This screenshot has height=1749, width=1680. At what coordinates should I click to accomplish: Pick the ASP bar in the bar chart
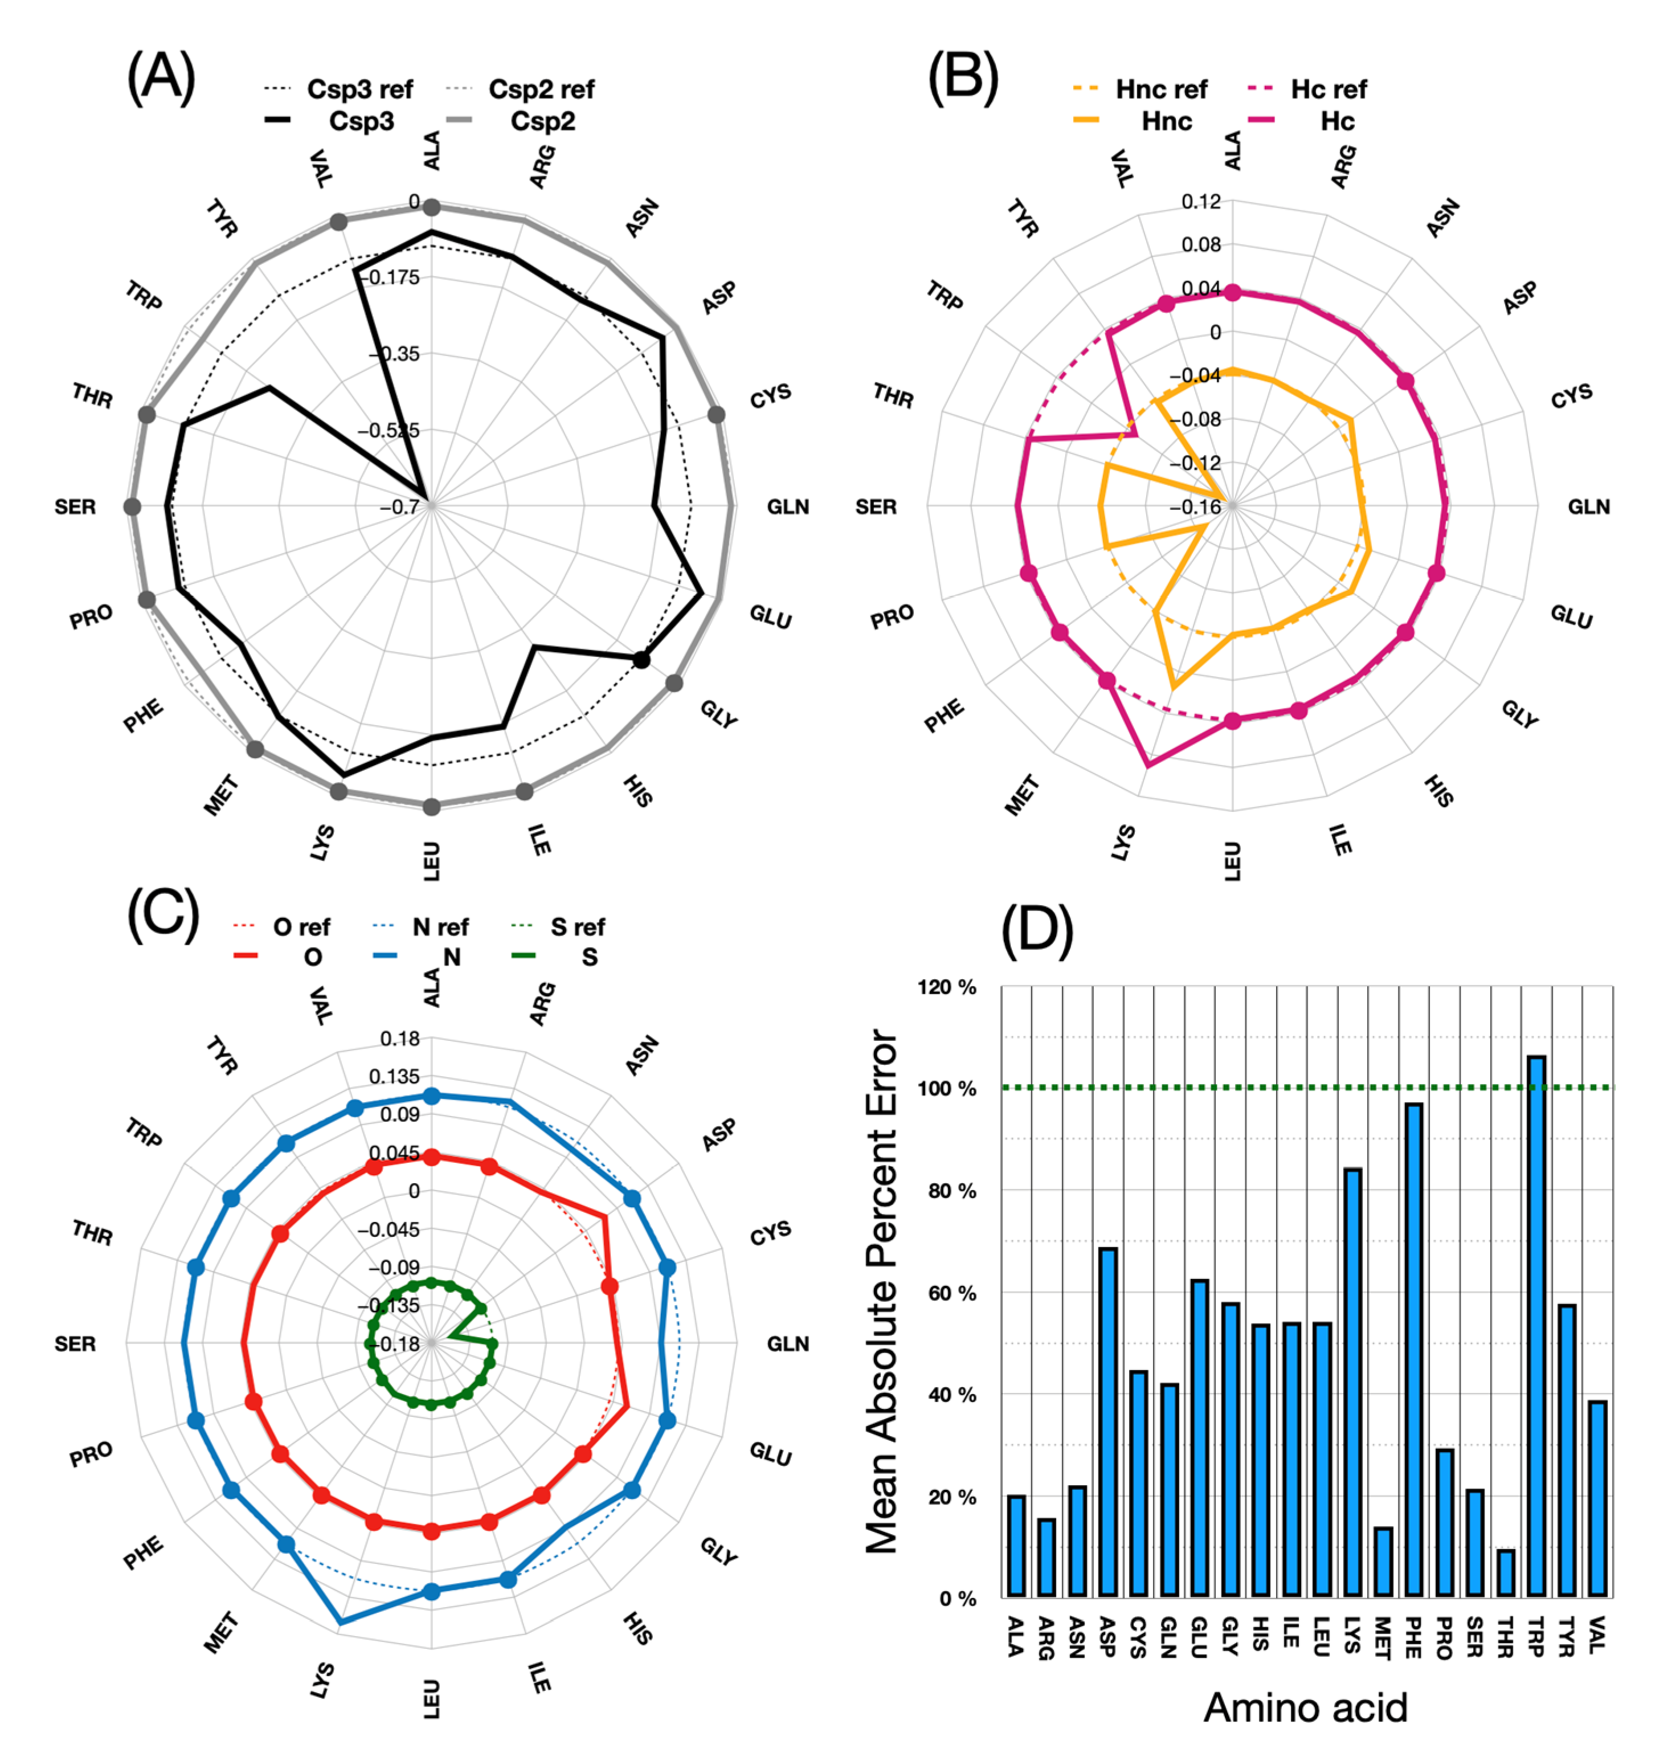tap(1108, 1421)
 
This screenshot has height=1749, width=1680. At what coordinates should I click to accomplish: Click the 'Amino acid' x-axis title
tap(1305, 1707)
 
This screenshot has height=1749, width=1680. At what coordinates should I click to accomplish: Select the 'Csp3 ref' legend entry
tap(339, 89)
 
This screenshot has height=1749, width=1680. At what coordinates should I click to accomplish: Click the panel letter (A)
tap(161, 77)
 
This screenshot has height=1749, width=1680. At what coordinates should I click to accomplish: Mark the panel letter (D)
tap(1037, 931)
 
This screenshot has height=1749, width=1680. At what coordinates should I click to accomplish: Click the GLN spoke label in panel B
tap(1589, 507)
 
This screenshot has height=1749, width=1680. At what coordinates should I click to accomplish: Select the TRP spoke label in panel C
tap(144, 1133)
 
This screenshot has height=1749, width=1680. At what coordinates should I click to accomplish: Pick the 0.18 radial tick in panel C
tap(400, 1039)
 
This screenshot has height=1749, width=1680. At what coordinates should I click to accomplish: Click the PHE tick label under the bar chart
tap(1413, 1637)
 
